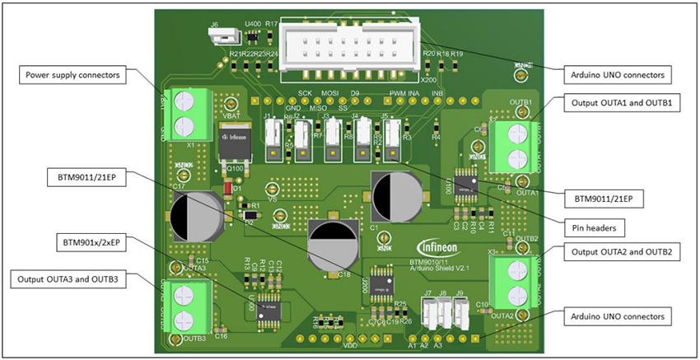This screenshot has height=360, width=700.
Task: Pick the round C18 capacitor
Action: (x=333, y=244)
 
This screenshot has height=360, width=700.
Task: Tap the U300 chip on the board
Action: (x=268, y=307)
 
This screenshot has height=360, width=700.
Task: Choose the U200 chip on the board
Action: (x=380, y=283)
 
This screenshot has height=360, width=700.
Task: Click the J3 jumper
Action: (x=333, y=140)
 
